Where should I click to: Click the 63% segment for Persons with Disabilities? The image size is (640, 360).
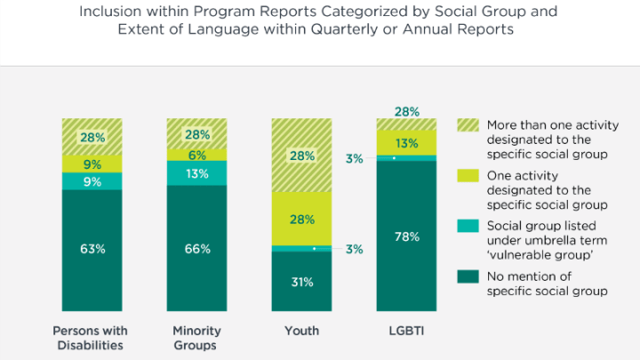pyautogui.click(x=92, y=249)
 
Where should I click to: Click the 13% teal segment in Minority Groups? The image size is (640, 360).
pyautogui.click(x=196, y=172)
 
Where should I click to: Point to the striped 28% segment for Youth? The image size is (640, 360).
pyautogui.click(x=301, y=156)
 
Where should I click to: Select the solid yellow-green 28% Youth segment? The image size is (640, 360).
pyautogui.click(x=301, y=219)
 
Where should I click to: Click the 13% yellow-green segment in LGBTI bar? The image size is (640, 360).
pyautogui.click(x=406, y=143)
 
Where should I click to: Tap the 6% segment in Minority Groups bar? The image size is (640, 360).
pyautogui.click(x=196, y=155)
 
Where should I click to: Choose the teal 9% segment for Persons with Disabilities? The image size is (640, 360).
pyautogui.click(x=92, y=180)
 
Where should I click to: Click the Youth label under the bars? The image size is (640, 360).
pyautogui.click(x=301, y=332)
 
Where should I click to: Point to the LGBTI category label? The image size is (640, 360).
pyautogui.click(x=406, y=332)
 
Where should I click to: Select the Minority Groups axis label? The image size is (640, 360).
pyautogui.click(x=196, y=339)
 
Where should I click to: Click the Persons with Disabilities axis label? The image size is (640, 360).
pyautogui.click(x=92, y=339)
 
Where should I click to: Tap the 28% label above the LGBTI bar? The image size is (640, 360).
pyautogui.click(x=406, y=111)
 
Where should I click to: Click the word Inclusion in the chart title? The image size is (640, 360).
pyautogui.click(x=108, y=13)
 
